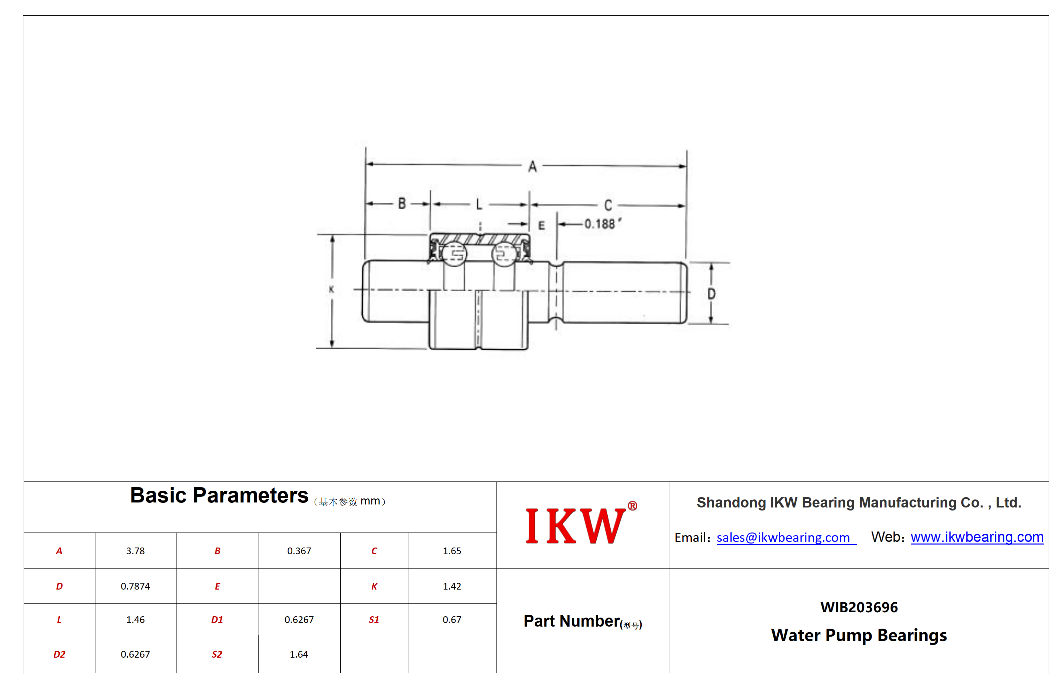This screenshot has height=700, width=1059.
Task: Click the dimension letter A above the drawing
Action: [532, 166]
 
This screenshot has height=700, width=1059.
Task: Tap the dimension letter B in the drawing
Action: [402, 204]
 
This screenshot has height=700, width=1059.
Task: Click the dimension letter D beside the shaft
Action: [711, 294]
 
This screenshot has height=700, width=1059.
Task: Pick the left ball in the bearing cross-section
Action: [454, 254]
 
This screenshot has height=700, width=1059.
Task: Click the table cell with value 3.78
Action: [135, 551]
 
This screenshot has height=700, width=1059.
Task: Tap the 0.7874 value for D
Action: [135, 586]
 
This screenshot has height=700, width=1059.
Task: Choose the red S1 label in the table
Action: [374, 620]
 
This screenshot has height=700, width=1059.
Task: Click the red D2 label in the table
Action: [59, 655]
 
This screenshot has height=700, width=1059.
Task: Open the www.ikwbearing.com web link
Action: [977, 537]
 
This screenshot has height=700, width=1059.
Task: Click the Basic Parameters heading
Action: [219, 495]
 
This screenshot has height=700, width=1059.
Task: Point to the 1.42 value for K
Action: [452, 586]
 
